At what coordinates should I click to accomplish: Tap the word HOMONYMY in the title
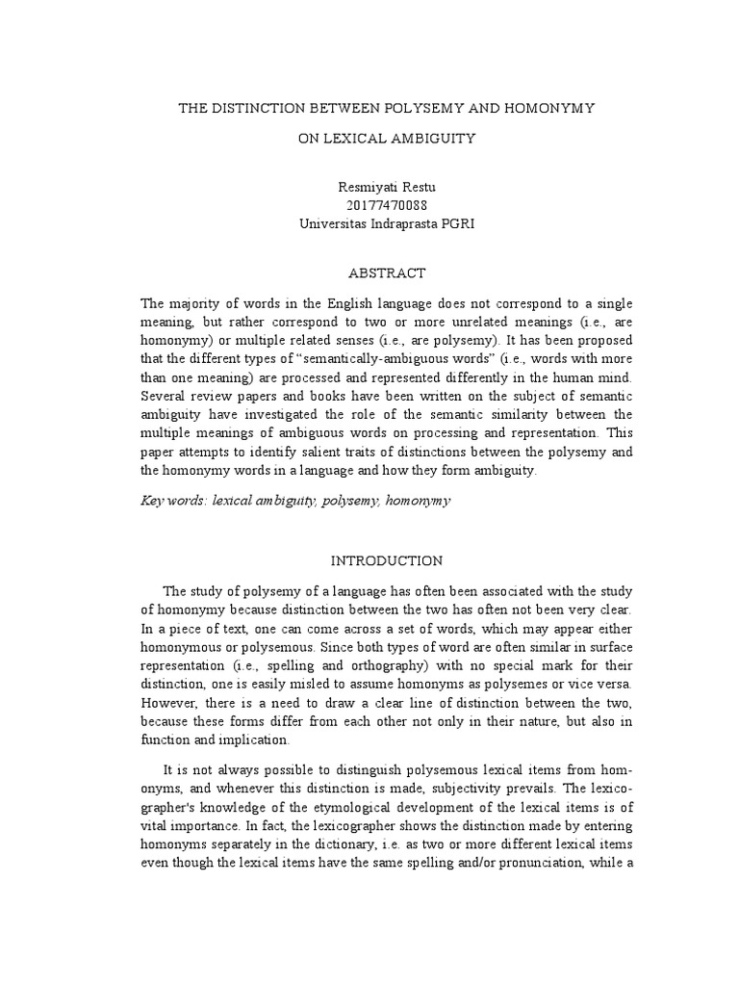pos(545,109)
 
